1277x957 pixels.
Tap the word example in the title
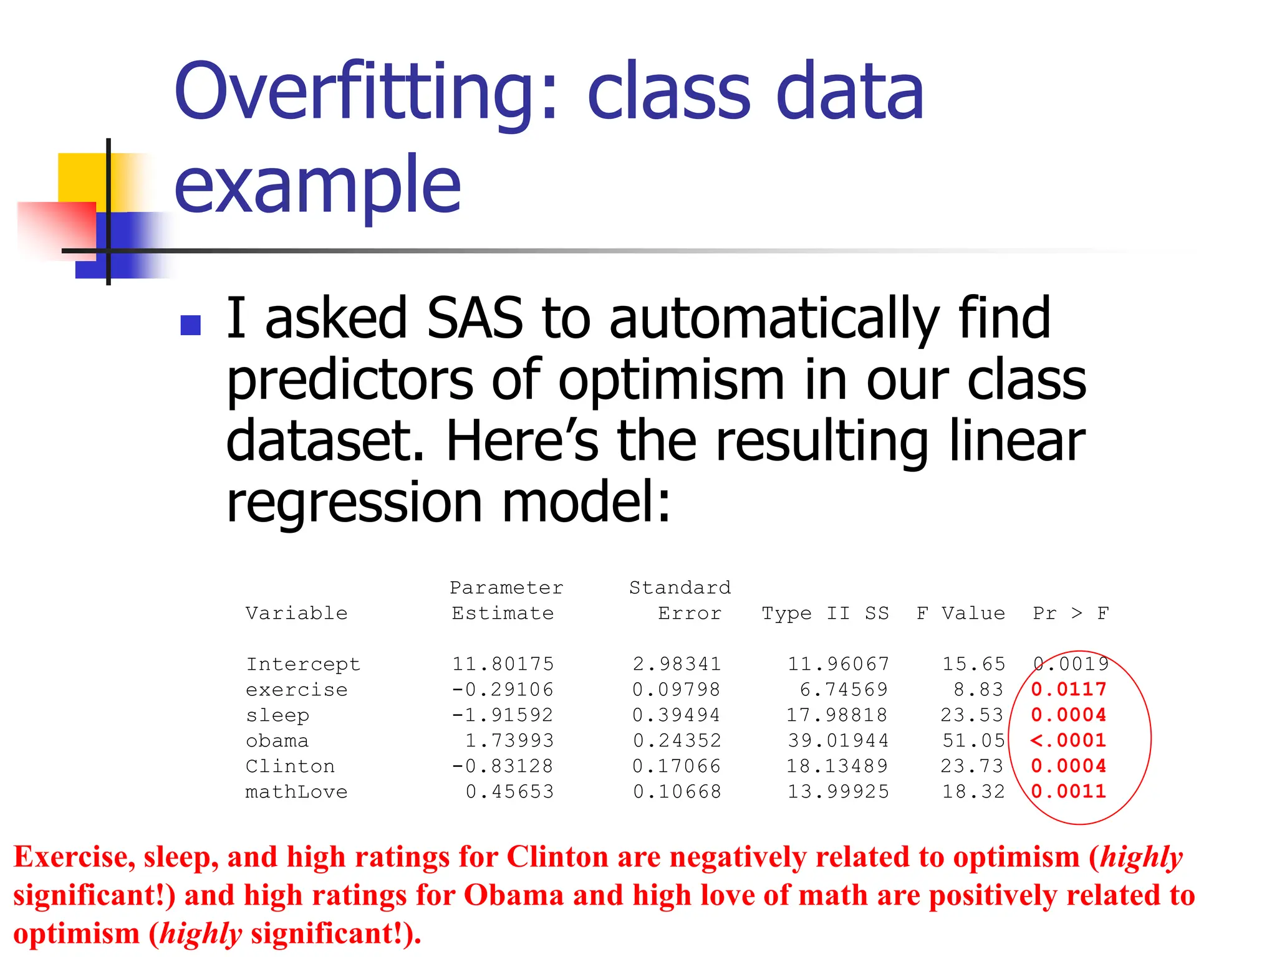pos(317,184)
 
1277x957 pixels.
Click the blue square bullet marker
pos(190,325)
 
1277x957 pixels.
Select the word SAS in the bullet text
pos(474,318)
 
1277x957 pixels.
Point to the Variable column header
pos(296,614)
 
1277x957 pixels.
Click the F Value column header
pos(960,614)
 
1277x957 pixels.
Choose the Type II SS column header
pos(825,614)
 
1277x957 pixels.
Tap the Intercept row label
pos(303,664)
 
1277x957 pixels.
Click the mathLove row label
pos(296,792)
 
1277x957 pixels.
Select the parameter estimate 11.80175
pos(503,664)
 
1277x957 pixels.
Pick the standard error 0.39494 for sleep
pos(677,715)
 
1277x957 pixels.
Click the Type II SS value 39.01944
pos(838,741)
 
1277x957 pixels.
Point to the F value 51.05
pos(973,741)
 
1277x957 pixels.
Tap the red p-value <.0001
pos(1068,741)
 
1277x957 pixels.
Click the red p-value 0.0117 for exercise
pos(1068,690)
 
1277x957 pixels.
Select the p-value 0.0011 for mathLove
pos(1068,792)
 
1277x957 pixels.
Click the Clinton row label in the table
pos(290,766)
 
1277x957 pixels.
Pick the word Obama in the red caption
pos(513,895)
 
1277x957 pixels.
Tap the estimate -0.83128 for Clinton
pos(503,766)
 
